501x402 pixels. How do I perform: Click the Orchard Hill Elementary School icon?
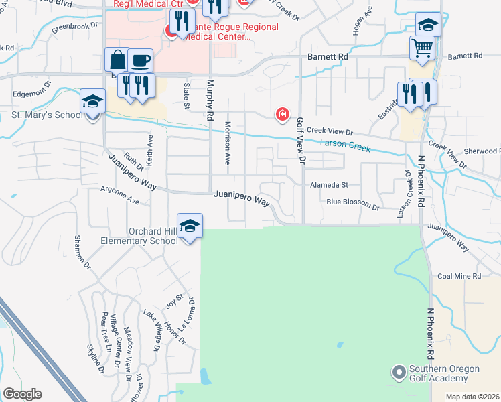[x=190, y=226]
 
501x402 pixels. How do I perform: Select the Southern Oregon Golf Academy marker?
[x=399, y=371]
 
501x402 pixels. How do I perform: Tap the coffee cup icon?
[x=140, y=61]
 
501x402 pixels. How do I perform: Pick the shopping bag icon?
[x=117, y=60]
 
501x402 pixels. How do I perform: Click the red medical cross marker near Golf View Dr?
[x=283, y=115]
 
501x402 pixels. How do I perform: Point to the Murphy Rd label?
[x=210, y=100]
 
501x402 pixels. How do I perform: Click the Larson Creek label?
[x=345, y=145]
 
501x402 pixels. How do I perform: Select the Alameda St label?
[x=329, y=184]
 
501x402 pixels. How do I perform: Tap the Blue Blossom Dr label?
[x=353, y=202]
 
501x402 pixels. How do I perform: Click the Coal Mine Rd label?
[x=459, y=275]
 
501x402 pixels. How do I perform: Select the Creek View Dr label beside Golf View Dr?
[x=330, y=132]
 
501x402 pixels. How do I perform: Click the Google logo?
[x=22, y=394]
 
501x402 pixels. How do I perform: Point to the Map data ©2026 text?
[x=472, y=397]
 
